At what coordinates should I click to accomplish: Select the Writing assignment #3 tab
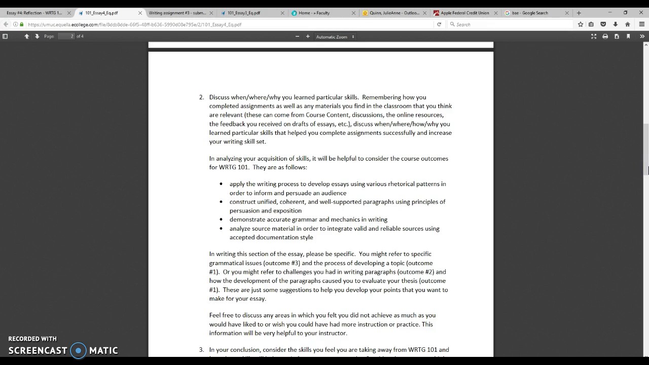[x=177, y=13]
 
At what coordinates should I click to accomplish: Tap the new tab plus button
[x=579, y=13]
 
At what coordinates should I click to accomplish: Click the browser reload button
[x=439, y=24]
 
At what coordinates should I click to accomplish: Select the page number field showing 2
[x=66, y=36]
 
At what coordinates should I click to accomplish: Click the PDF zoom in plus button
[x=308, y=36]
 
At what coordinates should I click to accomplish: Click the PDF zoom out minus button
[x=297, y=36]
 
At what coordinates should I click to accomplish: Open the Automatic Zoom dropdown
[x=335, y=36]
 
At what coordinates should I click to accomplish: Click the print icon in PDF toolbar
[x=605, y=36]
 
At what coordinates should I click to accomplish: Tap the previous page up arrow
[x=27, y=36]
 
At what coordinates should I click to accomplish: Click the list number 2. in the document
[x=201, y=97]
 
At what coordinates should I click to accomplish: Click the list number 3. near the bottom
[x=201, y=350]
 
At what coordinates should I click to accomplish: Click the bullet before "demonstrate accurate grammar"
[x=221, y=220]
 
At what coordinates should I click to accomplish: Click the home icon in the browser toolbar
[x=627, y=24]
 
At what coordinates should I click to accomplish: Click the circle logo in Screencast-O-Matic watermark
[x=78, y=350]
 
